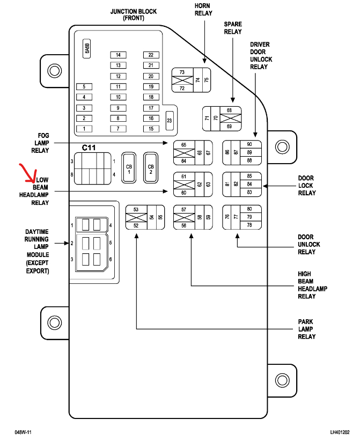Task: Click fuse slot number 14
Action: point(118,55)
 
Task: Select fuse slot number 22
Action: point(151,55)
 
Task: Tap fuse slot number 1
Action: point(84,129)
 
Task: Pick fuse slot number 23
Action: point(169,121)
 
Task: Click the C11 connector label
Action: point(89,148)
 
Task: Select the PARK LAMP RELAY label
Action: point(306,329)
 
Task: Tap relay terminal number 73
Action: point(182,72)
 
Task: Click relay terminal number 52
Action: point(136,225)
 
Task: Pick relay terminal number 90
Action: point(249,145)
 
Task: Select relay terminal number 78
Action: point(249,225)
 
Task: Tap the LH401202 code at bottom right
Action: point(339,431)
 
